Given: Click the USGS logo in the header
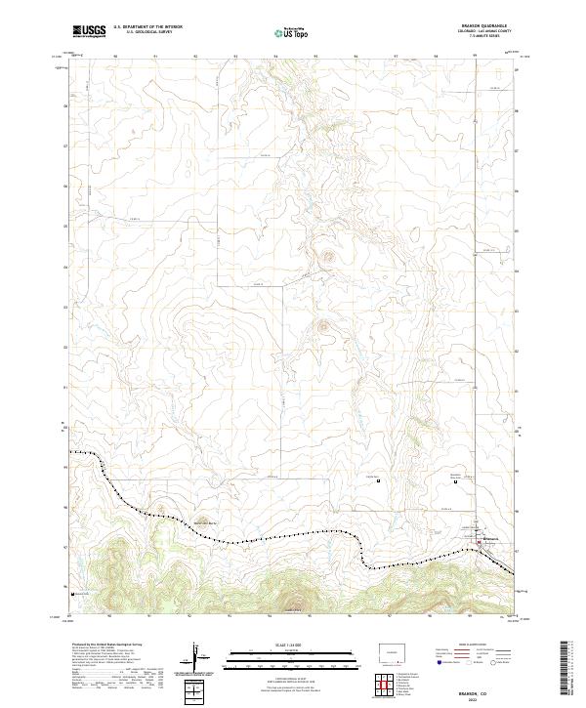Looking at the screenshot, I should [87, 31].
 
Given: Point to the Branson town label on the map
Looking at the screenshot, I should [494, 538].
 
